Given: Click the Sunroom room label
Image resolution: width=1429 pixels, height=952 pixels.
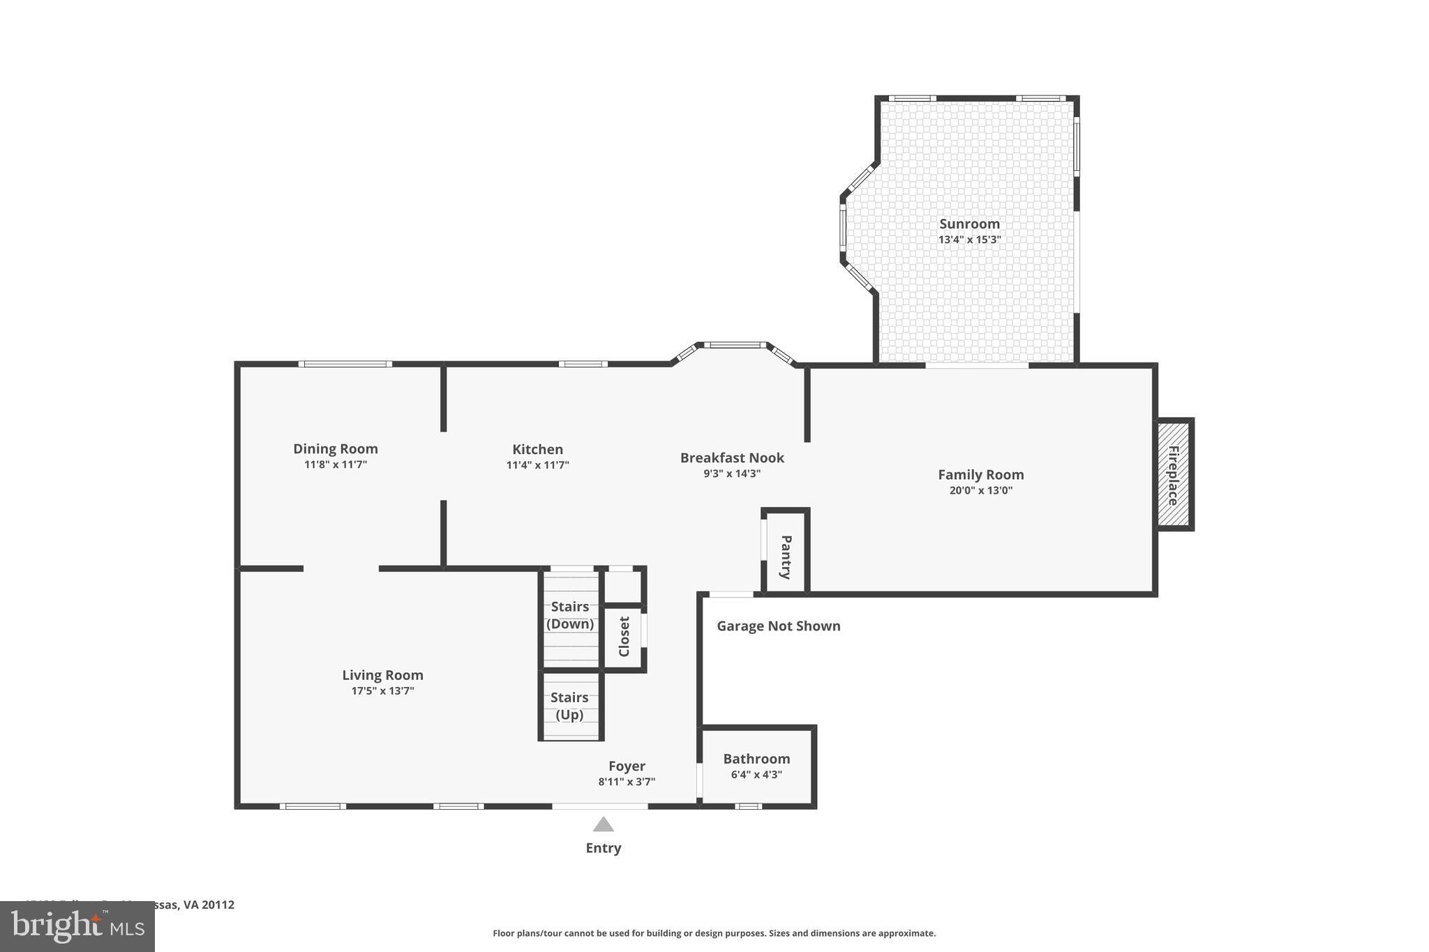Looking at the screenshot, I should pyautogui.click(x=969, y=224).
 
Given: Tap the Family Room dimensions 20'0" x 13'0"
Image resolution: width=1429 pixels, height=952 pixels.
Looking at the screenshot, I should pyautogui.click(x=980, y=490).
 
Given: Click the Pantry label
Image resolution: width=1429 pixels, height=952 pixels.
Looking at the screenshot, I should pyautogui.click(x=786, y=557).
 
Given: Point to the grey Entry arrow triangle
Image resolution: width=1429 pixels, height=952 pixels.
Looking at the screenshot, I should pyautogui.click(x=604, y=825).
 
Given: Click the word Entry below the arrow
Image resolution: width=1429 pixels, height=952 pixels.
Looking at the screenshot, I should pyautogui.click(x=604, y=848).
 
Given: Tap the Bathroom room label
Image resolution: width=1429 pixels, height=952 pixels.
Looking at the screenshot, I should pyautogui.click(x=756, y=759).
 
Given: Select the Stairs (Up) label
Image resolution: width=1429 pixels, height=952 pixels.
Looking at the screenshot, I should pyautogui.click(x=569, y=706).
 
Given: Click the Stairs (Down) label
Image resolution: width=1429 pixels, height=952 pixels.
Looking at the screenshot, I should pyautogui.click(x=570, y=615).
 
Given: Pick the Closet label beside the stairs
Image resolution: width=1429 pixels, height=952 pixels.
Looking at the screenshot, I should pyautogui.click(x=624, y=636).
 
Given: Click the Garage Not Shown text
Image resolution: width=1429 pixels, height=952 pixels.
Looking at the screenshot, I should pyautogui.click(x=779, y=626).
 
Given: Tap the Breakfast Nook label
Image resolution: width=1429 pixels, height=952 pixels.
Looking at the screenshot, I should pyautogui.click(x=732, y=458).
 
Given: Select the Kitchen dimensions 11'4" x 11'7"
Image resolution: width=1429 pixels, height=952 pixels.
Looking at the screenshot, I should pyautogui.click(x=537, y=465).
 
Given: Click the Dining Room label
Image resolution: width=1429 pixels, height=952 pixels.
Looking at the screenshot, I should pyautogui.click(x=336, y=449).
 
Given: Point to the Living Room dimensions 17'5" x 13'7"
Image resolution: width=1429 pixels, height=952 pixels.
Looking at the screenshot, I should pyautogui.click(x=382, y=691).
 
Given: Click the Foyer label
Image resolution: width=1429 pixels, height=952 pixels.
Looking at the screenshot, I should pyautogui.click(x=627, y=766).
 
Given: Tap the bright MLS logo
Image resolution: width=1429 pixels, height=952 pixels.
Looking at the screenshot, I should pyautogui.click(x=77, y=926).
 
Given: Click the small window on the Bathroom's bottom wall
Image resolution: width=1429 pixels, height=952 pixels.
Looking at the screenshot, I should pyautogui.click(x=748, y=806).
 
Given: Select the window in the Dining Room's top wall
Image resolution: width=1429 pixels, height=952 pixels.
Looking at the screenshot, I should pyautogui.click(x=345, y=364).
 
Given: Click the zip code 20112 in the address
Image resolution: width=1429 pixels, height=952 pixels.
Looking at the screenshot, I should pyautogui.click(x=218, y=905).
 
